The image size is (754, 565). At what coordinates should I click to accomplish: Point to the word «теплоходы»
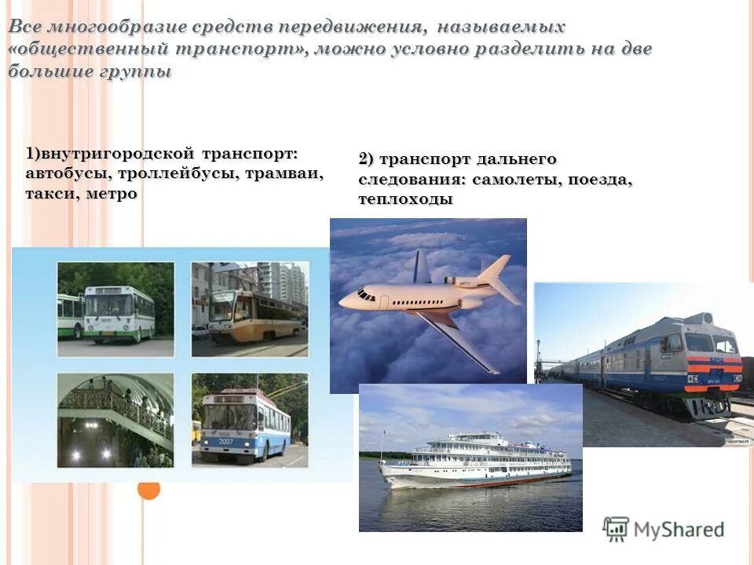coord(405,199)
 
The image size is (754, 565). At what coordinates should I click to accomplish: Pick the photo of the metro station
coord(115,420)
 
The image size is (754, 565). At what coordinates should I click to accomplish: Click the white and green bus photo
coord(115,308)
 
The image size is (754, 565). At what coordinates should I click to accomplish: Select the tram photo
coord(250,308)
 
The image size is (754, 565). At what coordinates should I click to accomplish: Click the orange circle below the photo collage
coord(149,490)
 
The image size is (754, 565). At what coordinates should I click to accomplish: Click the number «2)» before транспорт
coord(366,159)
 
